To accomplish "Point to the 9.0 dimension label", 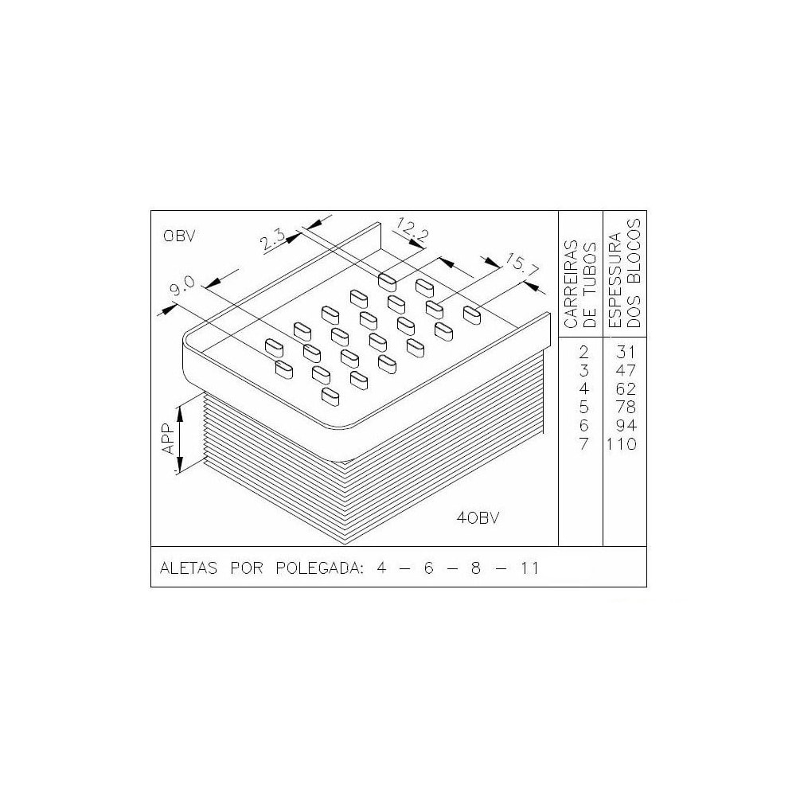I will [x=184, y=287].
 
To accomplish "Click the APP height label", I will [x=168, y=439].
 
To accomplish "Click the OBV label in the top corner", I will [x=179, y=236].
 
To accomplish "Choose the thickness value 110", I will [x=622, y=444].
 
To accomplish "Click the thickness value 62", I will [x=626, y=388].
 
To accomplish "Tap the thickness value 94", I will [x=626, y=425].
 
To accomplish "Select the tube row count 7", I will [x=584, y=444].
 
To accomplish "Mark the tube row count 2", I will [x=584, y=352].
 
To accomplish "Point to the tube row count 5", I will [x=584, y=407].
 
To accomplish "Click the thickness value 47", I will [x=626, y=370].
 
